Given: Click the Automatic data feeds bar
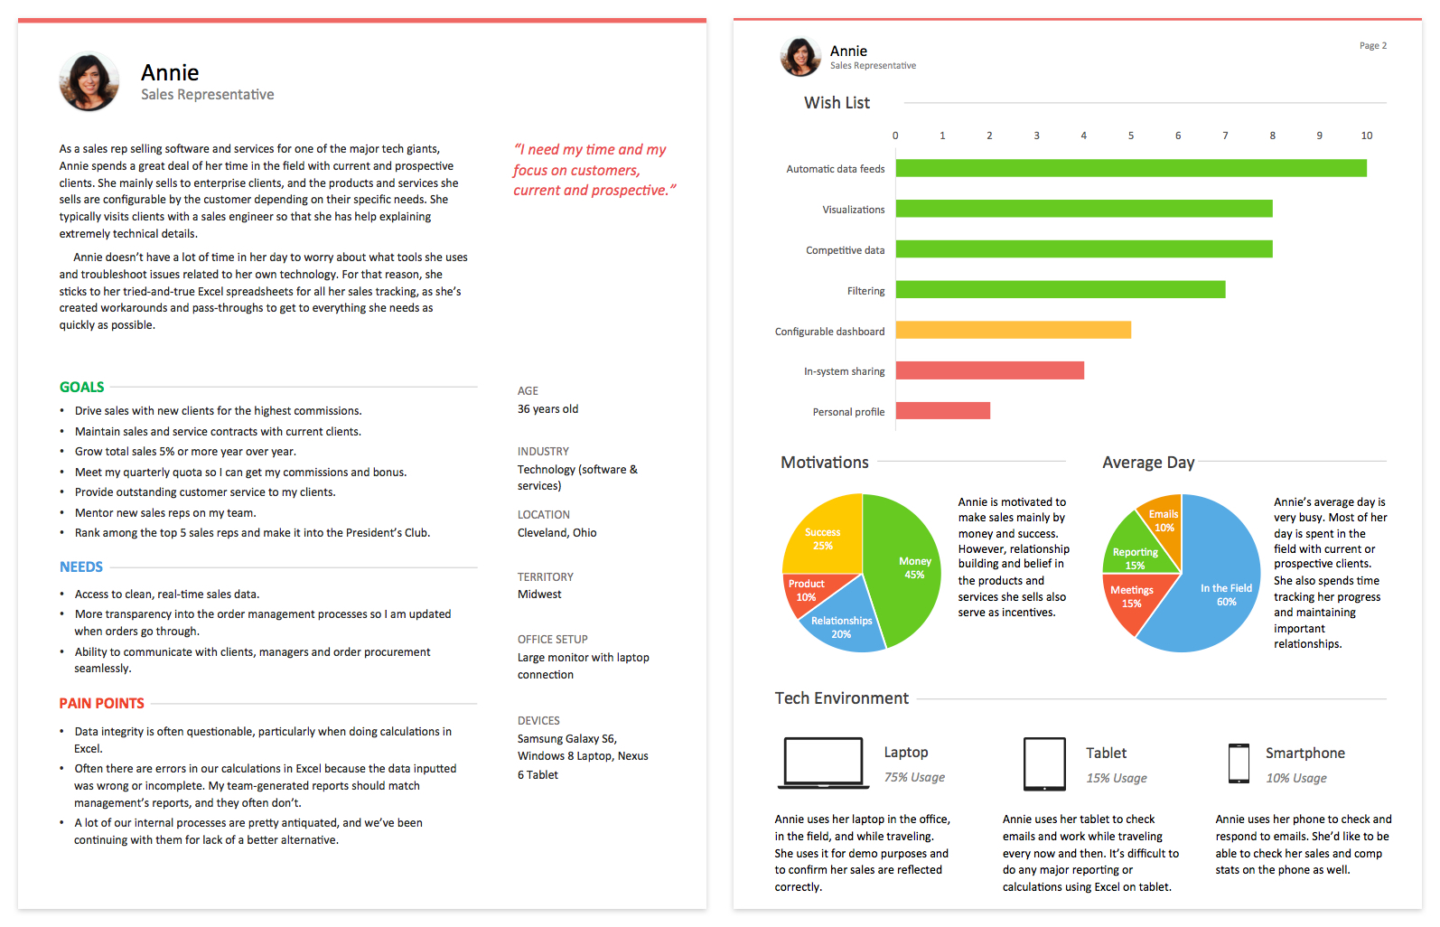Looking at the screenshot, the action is (x=1131, y=168).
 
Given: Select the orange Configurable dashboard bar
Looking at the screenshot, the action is (x=1013, y=331).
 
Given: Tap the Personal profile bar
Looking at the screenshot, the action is (x=943, y=411).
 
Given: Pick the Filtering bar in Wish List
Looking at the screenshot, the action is (x=1061, y=290).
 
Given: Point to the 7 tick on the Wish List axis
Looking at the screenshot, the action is (x=1225, y=136).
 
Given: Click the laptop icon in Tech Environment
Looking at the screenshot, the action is (x=824, y=763).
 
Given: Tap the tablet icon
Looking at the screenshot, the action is (x=1044, y=764).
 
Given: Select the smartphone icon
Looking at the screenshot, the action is (x=1239, y=763).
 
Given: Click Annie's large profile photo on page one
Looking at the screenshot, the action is (x=89, y=81).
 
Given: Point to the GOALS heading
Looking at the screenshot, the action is (x=81, y=387).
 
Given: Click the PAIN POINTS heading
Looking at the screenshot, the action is (x=101, y=703).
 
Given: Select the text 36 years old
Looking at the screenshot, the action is (x=547, y=409).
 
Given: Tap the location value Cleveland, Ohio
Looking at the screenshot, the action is (x=556, y=532).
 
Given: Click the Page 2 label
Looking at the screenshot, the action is (x=1373, y=46).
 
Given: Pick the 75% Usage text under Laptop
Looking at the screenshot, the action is (x=914, y=777).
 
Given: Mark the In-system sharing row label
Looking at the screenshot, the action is (x=844, y=371).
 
